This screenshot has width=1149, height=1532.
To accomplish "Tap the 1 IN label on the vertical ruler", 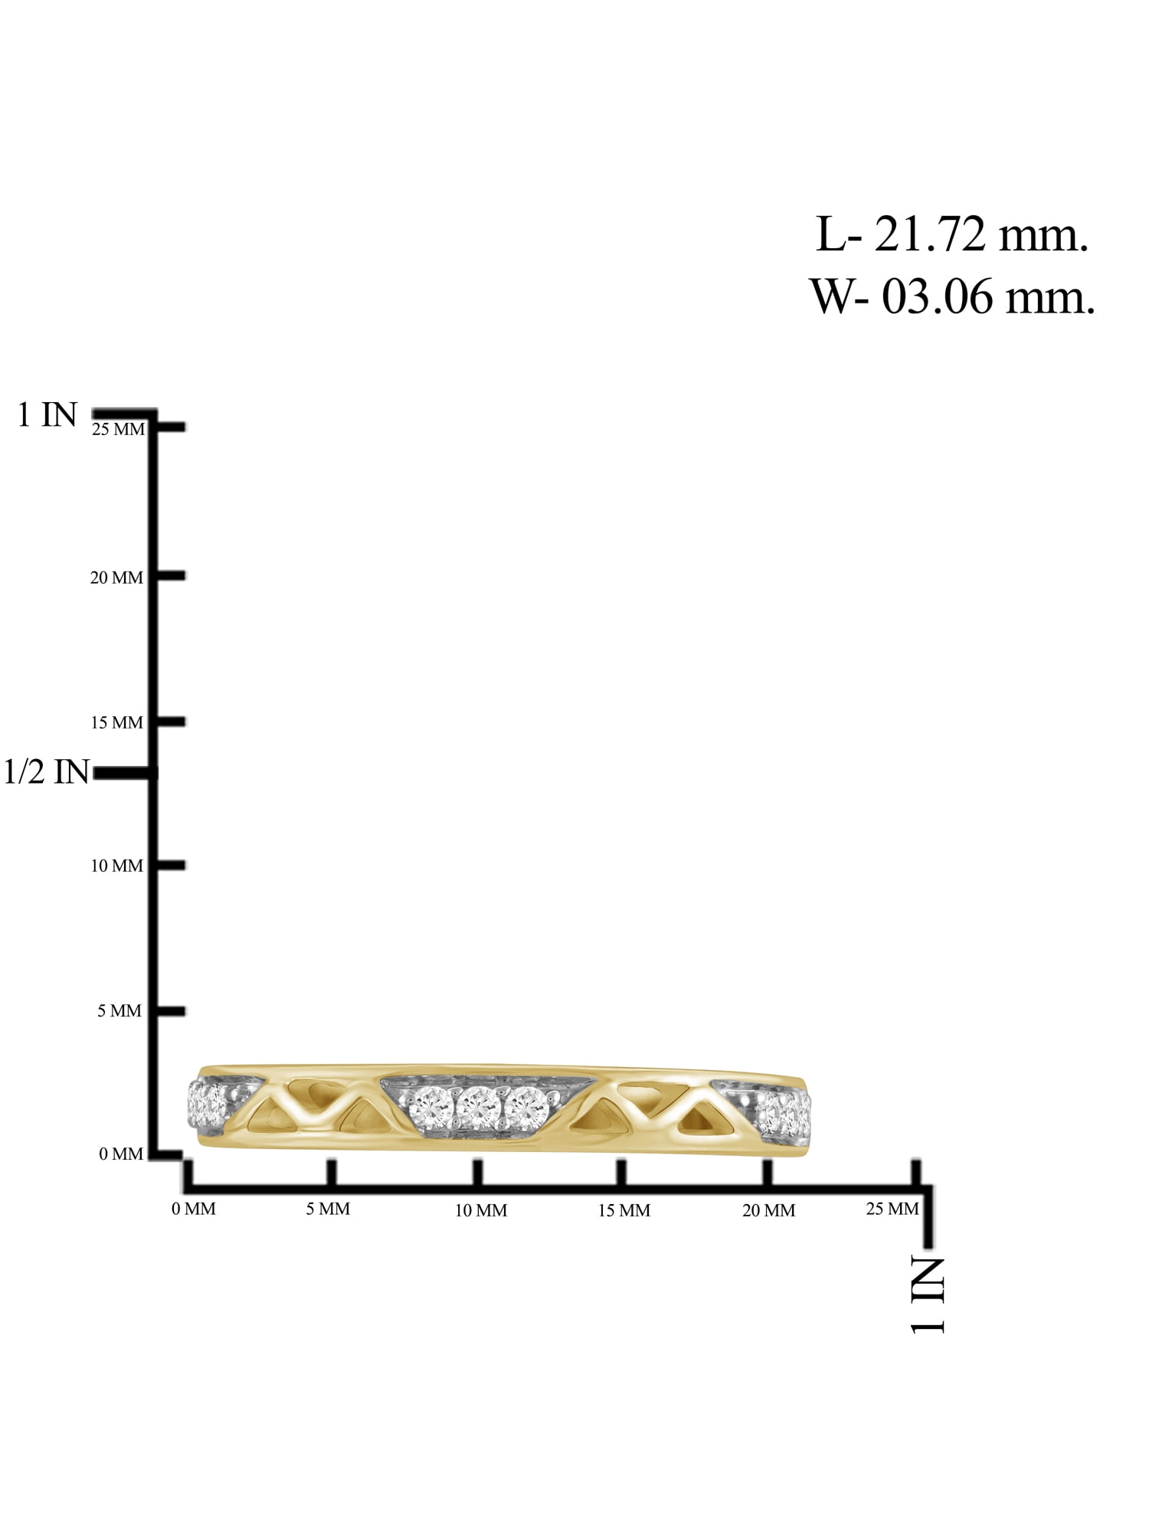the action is tap(47, 415).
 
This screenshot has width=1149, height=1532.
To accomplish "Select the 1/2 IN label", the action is tap(47, 771).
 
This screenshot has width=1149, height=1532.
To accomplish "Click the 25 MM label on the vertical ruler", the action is tap(118, 429).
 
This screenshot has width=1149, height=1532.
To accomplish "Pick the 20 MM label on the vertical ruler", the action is tap(116, 578).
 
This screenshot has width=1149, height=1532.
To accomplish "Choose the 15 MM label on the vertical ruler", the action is tap(116, 722).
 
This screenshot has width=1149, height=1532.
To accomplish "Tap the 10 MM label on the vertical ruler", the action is tap(116, 866).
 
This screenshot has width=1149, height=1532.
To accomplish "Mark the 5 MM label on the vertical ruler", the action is tap(119, 1010).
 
